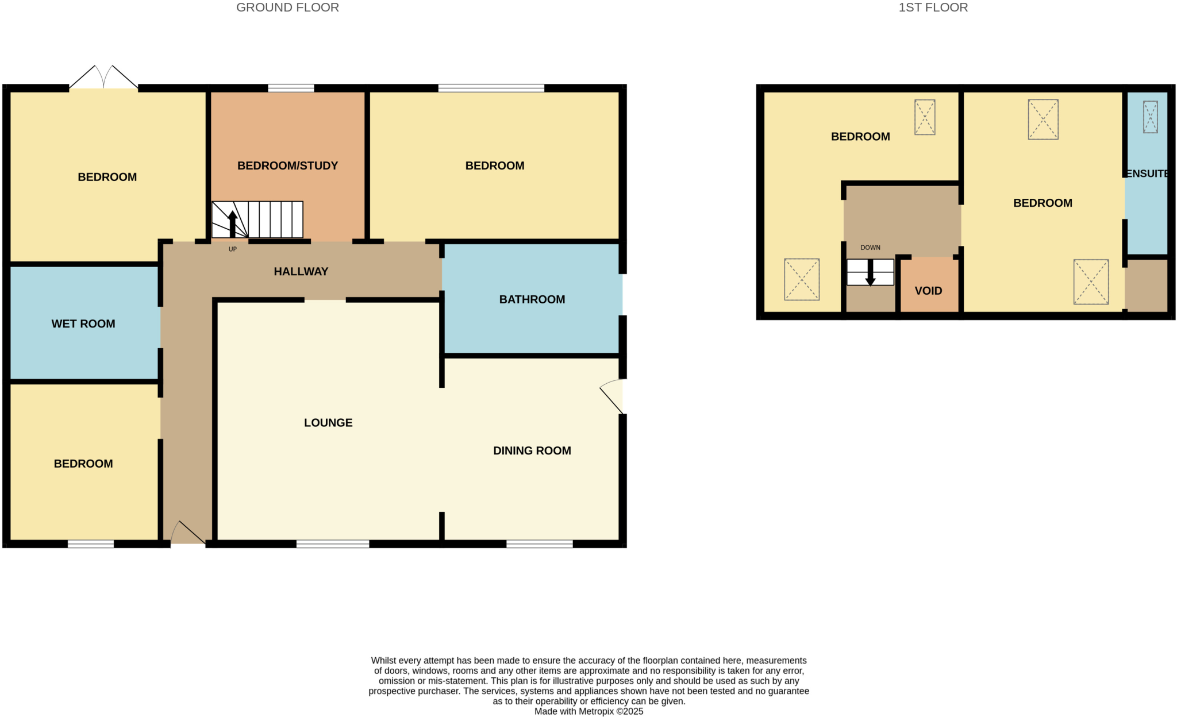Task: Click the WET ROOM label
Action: pos(83,324)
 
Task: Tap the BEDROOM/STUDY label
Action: pos(287,166)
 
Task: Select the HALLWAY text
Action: pos(301,272)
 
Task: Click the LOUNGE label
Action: pos(328,423)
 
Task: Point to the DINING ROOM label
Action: pos(532,451)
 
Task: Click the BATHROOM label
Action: pos(532,299)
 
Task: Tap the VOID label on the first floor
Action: pos(928,291)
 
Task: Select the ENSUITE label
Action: pos(1147,174)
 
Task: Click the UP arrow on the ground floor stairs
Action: pos(232,224)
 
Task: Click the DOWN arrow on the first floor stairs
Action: pos(870,273)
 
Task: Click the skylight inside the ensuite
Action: pos(1150,117)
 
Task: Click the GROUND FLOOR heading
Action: pos(287,7)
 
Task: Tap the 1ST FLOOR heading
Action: pos(933,7)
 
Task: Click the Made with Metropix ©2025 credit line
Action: pos(588,711)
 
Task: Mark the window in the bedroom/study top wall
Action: pos(291,88)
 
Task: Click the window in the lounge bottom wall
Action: pos(332,544)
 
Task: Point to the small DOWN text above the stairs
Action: pos(870,248)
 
